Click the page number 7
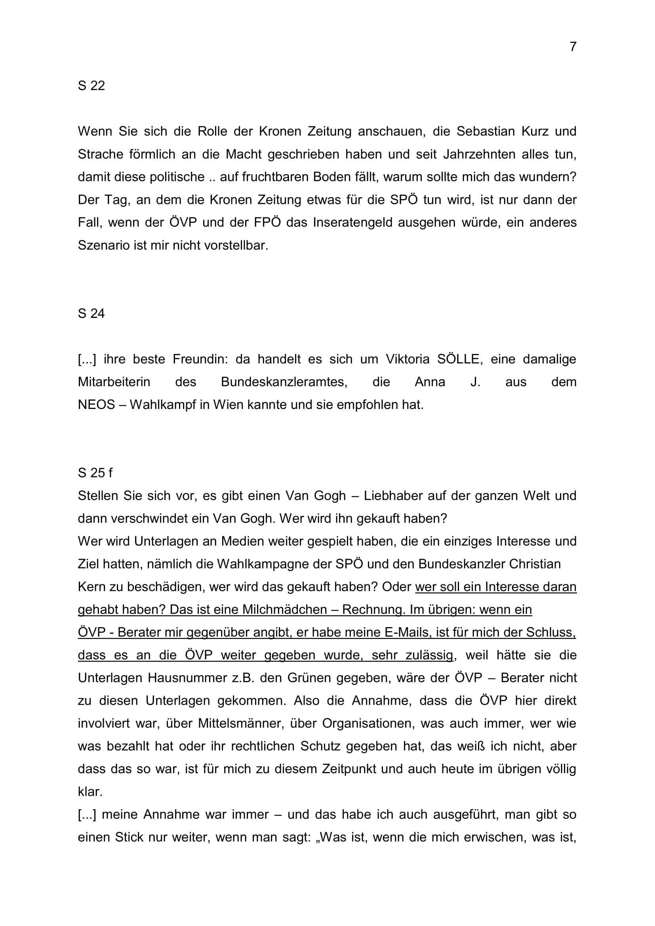pyautogui.click(x=573, y=47)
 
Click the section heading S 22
pyautogui.click(x=91, y=86)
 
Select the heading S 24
pyautogui.click(x=91, y=314)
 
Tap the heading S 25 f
pyautogui.click(x=95, y=473)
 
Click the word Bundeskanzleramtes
pyautogui.click(x=284, y=382)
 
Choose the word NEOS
pyautogui.click(x=96, y=405)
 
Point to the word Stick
pyautogui.click(x=129, y=837)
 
